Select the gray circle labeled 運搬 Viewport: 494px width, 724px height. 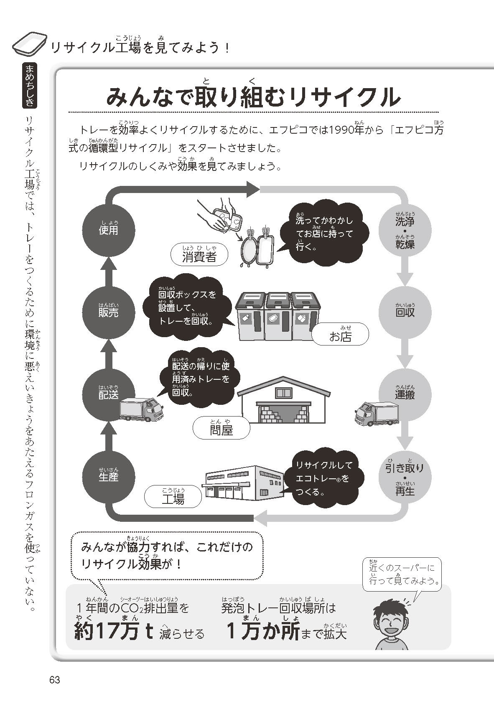pyautogui.click(x=405, y=393)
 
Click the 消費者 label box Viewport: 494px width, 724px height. pyautogui.click(x=200, y=255)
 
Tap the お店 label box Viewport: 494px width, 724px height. pyautogui.click(x=341, y=335)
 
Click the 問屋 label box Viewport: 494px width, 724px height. pyautogui.click(x=222, y=428)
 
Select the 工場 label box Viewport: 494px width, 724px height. pyautogui.click(x=173, y=497)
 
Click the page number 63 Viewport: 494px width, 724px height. pyautogui.click(x=55, y=680)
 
